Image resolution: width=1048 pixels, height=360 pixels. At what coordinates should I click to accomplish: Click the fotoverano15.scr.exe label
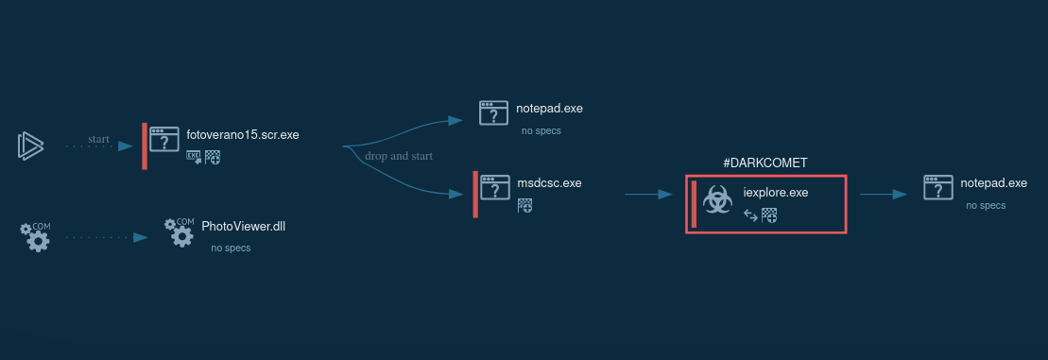pos(243,135)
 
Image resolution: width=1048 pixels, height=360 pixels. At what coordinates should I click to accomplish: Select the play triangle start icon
pos(30,146)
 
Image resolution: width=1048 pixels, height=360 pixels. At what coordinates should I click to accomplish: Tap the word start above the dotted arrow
pos(98,139)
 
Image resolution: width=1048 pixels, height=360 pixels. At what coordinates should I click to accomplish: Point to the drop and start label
pos(399,156)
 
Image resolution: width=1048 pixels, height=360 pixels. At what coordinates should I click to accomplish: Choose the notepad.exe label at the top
pos(549,108)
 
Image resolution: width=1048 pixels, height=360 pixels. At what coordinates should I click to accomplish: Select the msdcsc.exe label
pos(549,183)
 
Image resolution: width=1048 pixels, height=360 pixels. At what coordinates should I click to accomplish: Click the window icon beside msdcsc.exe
pos(494,188)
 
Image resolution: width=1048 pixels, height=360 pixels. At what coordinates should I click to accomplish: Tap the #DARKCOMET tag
pos(765,163)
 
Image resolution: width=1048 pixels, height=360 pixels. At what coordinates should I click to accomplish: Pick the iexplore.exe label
pos(776,193)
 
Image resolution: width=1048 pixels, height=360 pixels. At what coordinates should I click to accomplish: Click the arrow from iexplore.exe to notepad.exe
pos(884,195)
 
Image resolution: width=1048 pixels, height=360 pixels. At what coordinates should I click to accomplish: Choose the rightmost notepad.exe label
pos(993,183)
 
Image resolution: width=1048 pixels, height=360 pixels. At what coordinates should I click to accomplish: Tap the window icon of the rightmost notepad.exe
pos(938,188)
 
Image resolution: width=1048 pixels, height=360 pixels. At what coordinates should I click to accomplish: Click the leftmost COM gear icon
pos(36,236)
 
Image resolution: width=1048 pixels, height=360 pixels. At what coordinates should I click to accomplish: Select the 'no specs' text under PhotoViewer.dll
pos(231,249)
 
